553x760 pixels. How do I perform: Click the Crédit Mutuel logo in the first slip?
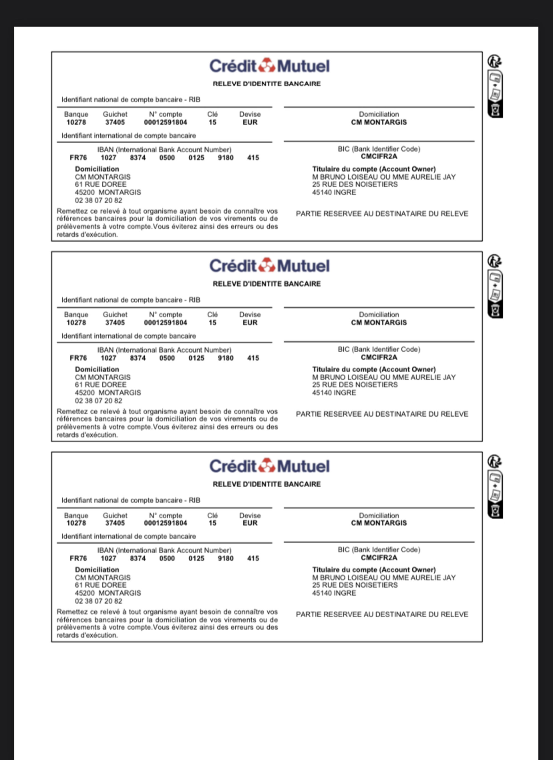click(x=270, y=66)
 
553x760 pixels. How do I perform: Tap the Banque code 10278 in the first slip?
click(x=76, y=122)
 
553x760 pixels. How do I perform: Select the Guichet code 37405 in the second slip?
click(x=115, y=323)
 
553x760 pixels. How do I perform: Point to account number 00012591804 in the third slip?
click(x=166, y=523)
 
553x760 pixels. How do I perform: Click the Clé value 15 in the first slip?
click(x=212, y=122)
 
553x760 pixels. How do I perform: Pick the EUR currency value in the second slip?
click(x=250, y=323)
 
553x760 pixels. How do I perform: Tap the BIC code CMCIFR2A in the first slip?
click(x=379, y=156)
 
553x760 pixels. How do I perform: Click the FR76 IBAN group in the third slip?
click(x=78, y=558)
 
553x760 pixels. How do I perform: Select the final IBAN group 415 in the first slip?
click(x=253, y=158)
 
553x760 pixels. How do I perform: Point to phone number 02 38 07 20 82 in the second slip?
click(x=98, y=401)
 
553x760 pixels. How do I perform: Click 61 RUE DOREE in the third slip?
click(x=101, y=585)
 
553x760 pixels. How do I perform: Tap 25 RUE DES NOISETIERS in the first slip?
click(x=355, y=184)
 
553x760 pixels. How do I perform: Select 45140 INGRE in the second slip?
click(x=334, y=393)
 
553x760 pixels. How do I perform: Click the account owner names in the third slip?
click(x=384, y=578)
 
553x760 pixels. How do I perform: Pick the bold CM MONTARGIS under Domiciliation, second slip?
click(x=379, y=323)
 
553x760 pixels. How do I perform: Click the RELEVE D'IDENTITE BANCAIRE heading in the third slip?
click(x=267, y=484)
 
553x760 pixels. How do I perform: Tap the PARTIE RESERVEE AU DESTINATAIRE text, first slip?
click(x=382, y=214)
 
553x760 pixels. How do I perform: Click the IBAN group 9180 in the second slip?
click(x=226, y=358)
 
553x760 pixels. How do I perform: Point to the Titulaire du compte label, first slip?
click(x=374, y=169)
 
